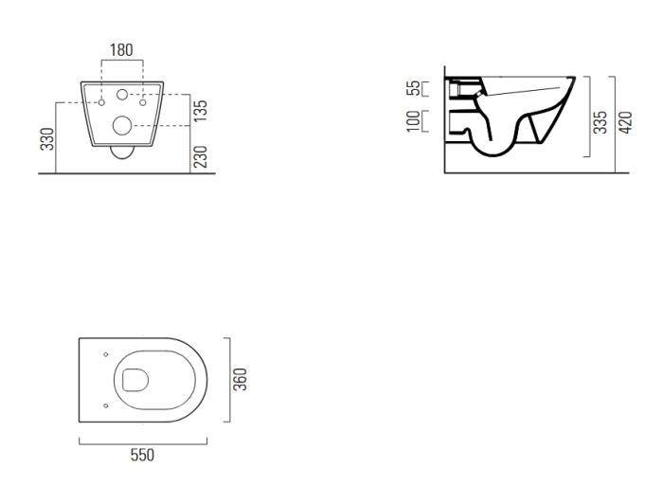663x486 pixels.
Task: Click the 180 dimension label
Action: click(x=121, y=50)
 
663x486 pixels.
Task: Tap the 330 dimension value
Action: click(x=47, y=139)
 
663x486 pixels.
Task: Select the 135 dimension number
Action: click(x=201, y=111)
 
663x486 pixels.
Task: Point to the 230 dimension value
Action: click(x=201, y=156)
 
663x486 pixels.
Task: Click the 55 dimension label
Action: click(x=414, y=88)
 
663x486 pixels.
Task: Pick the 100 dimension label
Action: click(x=414, y=121)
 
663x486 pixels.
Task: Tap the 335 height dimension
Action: click(x=600, y=122)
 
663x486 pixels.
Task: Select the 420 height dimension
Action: click(x=625, y=122)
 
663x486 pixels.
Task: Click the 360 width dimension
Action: click(x=240, y=379)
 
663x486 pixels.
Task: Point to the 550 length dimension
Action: click(x=142, y=455)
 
